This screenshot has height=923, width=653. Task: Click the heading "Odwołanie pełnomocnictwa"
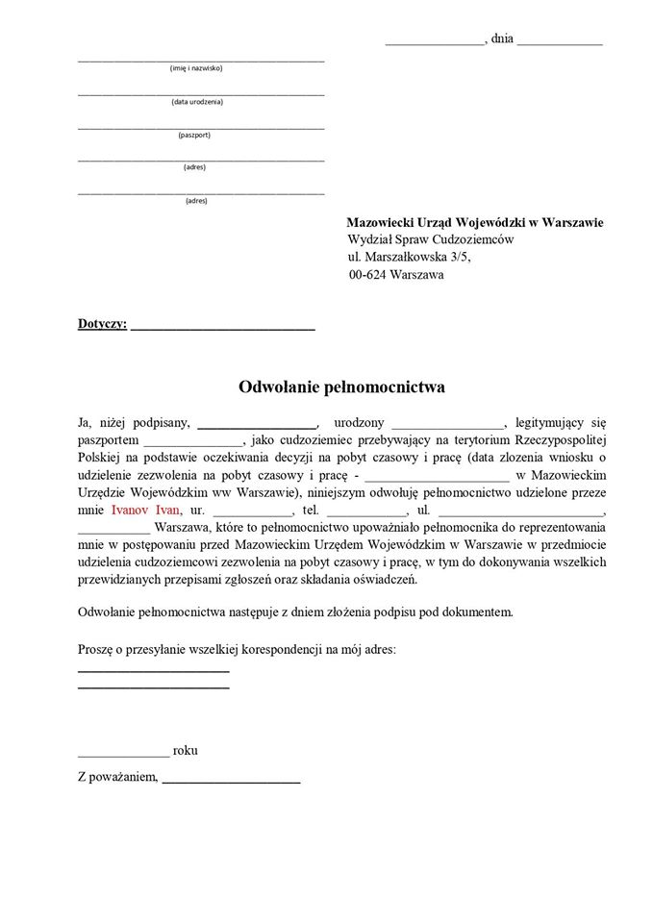[x=341, y=387]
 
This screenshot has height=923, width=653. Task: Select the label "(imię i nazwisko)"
[x=196, y=68]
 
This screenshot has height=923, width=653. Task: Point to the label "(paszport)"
[x=194, y=135]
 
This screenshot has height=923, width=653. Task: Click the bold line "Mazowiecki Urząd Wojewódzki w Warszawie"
[x=475, y=222]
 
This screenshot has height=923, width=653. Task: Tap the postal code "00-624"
[x=368, y=275]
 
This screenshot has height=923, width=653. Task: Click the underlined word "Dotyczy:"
[x=102, y=324]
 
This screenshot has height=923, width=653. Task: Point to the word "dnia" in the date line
[x=501, y=38]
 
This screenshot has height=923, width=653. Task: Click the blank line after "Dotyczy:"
[x=223, y=329]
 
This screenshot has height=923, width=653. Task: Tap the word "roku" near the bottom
[x=186, y=750]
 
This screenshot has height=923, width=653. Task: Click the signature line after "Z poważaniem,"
[x=231, y=782]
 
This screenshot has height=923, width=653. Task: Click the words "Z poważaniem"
[x=116, y=777]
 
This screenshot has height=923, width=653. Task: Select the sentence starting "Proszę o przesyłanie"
[x=237, y=650]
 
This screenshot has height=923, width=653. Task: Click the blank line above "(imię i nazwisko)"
[x=201, y=60]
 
